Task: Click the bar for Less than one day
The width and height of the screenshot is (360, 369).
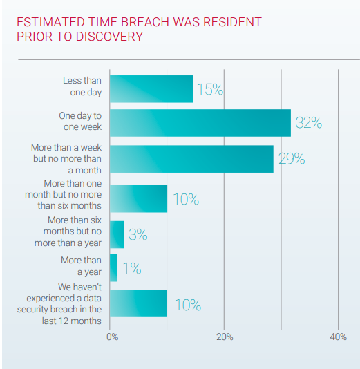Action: [x=151, y=88]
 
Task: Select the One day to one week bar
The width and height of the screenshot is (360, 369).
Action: [x=200, y=123]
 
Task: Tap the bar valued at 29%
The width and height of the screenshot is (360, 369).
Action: [x=191, y=159]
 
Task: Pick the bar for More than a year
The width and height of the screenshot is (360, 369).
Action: [x=113, y=267]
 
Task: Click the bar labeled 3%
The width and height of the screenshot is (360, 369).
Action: [x=117, y=234]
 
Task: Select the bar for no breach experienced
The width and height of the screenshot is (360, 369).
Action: [x=138, y=303]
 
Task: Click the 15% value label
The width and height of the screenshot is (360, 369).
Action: [x=209, y=89]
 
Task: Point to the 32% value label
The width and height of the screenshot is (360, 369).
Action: [x=308, y=123]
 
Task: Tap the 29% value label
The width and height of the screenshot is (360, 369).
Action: [x=291, y=159]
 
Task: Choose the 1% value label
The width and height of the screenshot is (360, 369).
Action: [x=131, y=268]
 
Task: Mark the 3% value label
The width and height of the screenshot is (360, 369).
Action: [x=138, y=234]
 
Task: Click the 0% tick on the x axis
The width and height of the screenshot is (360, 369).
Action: [x=112, y=337]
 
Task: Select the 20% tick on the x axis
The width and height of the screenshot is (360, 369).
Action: [x=225, y=337]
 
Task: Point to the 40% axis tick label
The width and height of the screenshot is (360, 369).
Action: [x=338, y=337]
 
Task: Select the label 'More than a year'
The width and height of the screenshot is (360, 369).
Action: [x=81, y=266]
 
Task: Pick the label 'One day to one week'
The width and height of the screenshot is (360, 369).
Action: [x=79, y=122]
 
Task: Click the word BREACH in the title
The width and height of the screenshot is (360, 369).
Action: [x=152, y=22]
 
